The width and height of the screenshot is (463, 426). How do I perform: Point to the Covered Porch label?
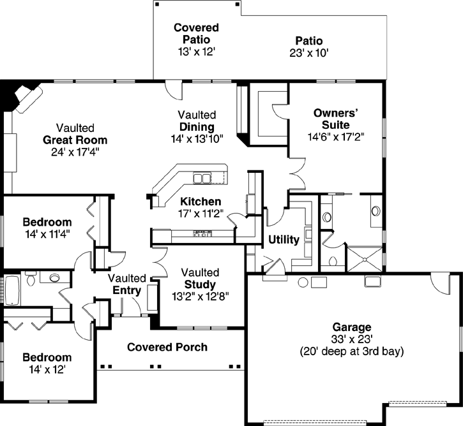[167, 348]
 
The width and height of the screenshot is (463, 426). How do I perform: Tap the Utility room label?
[284, 240]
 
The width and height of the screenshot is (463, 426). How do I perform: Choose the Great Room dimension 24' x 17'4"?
[75, 152]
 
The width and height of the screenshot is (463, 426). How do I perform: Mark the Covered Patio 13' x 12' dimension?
[196, 50]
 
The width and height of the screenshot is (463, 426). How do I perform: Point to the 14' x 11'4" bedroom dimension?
[47, 234]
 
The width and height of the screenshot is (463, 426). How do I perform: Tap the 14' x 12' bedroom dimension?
[47, 369]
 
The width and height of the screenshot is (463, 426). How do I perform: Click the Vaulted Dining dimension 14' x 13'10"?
[197, 138]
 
